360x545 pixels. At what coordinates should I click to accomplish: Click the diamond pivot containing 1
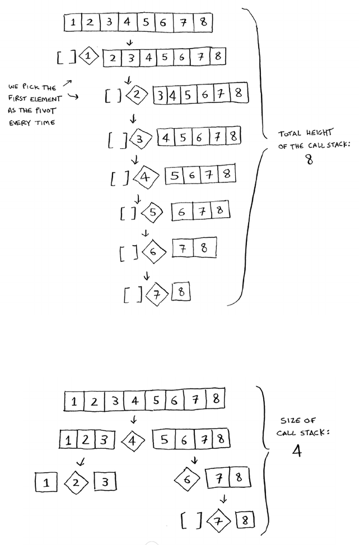(89, 56)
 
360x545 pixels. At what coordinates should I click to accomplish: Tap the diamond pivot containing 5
(152, 212)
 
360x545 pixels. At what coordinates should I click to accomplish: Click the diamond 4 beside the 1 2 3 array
(133, 440)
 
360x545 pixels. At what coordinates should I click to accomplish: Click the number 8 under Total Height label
(308, 159)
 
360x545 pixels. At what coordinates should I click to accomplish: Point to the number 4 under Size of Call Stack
(297, 451)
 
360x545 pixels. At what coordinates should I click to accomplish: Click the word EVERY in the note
(20, 123)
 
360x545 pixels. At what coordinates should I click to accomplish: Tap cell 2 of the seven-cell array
(113, 57)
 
